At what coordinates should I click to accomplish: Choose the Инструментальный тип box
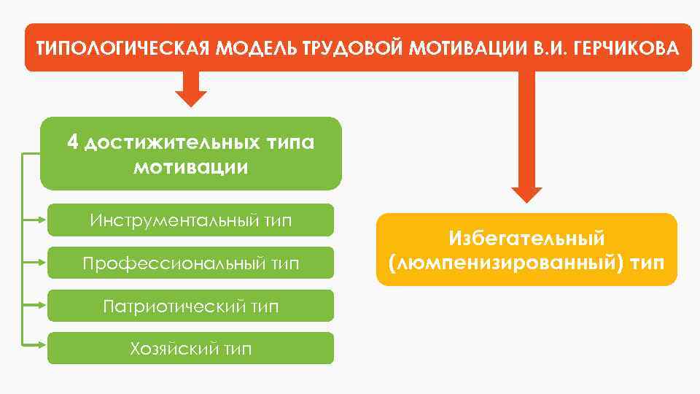coord(190,220)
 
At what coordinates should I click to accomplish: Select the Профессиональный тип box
coord(190,263)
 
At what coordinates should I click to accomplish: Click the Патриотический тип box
coord(190,306)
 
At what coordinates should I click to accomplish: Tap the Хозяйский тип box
coord(190,349)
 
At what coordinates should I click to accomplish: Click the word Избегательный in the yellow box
coord(527,238)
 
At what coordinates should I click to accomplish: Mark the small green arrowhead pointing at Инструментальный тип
coord(42,217)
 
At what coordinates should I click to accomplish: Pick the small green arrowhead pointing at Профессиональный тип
coord(42,260)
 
